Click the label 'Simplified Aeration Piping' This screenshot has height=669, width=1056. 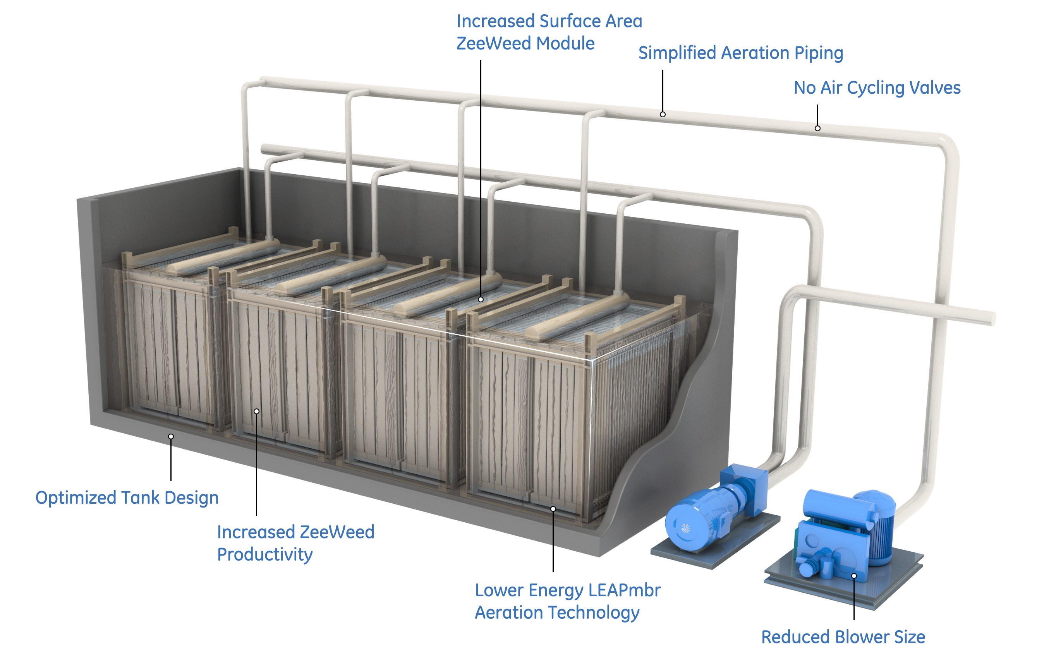pyautogui.click(x=740, y=53)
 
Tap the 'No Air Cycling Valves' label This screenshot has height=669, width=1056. pyautogui.click(x=877, y=87)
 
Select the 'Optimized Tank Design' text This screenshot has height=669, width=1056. pyautogui.click(x=127, y=498)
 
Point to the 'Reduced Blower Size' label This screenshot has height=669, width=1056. pyautogui.click(x=843, y=637)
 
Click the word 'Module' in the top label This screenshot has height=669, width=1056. pyautogui.click(x=566, y=43)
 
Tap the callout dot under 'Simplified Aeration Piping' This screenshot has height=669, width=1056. pyautogui.click(x=663, y=115)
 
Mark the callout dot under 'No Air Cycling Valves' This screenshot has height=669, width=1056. pyautogui.click(x=817, y=129)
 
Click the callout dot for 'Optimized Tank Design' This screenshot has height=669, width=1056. pyautogui.click(x=171, y=437)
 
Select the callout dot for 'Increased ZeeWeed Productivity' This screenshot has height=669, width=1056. pyautogui.click(x=256, y=411)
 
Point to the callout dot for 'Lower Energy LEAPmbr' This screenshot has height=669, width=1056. pyautogui.click(x=553, y=509)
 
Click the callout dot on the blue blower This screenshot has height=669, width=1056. pyautogui.click(x=854, y=576)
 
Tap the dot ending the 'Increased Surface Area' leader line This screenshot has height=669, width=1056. pyautogui.click(x=481, y=299)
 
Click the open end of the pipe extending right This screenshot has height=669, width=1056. pyautogui.click(x=992, y=318)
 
